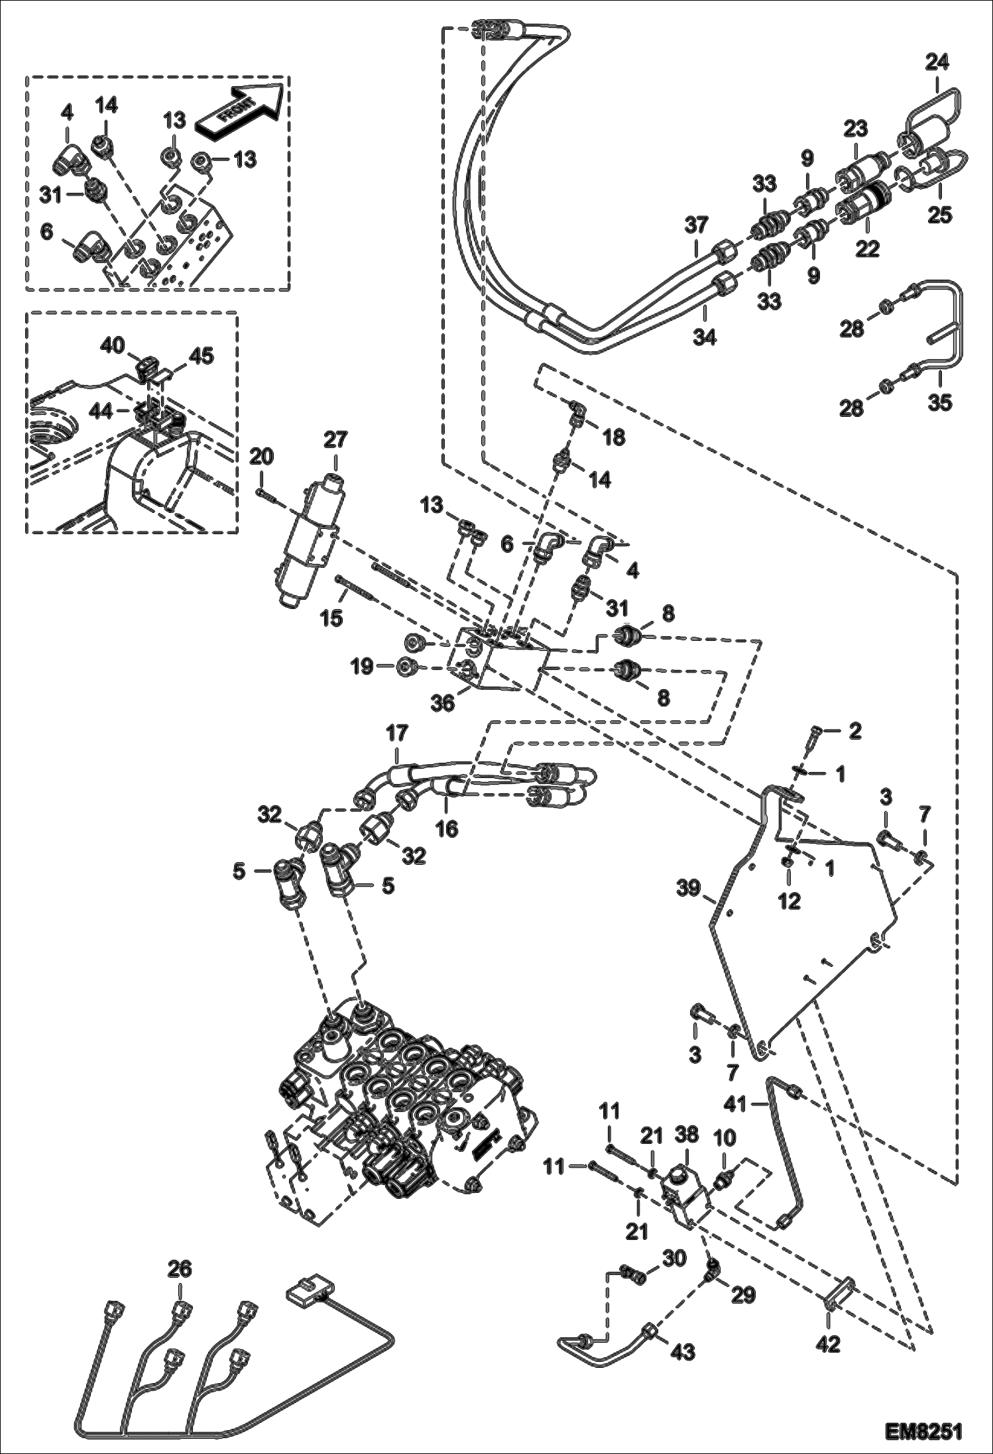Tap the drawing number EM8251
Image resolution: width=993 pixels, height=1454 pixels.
[x=923, y=1431]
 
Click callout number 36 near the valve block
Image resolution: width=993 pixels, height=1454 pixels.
[x=442, y=703]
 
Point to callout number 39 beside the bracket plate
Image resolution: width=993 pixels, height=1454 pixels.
[x=689, y=888]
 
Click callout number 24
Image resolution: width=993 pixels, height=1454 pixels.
[x=937, y=63]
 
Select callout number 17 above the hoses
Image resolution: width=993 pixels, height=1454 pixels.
[x=398, y=734]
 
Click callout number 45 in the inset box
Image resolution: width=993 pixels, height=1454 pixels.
[x=202, y=356]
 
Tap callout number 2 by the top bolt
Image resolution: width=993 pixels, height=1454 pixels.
[x=855, y=731]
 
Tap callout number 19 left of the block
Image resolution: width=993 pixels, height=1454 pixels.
[x=362, y=667]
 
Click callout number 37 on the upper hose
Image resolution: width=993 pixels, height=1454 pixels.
[x=697, y=225]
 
